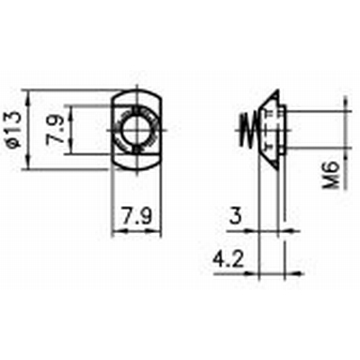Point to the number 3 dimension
pyautogui.click(x=236, y=216)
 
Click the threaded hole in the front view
pyautogui.click(x=135, y=129)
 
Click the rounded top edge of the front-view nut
pyautogui.click(x=135, y=88)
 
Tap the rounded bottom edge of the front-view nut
pyautogui.click(x=135, y=169)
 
